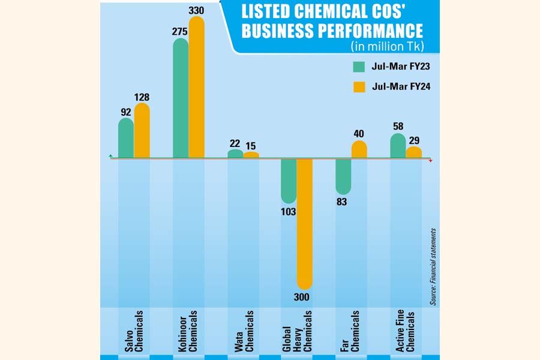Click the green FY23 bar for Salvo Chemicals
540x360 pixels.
(126, 138)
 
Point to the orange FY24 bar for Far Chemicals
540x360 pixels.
(359, 149)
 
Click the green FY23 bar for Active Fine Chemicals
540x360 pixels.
(398, 146)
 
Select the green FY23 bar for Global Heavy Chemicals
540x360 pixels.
(289, 181)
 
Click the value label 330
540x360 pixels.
(196, 11)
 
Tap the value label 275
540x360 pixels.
(180, 32)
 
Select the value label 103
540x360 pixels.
(289, 211)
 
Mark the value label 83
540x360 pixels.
(343, 202)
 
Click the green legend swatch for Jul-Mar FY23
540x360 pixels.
(359, 66)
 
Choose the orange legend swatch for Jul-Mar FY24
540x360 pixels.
(359, 87)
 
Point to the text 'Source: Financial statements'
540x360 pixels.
(433, 266)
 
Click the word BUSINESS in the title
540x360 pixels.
(283, 31)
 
